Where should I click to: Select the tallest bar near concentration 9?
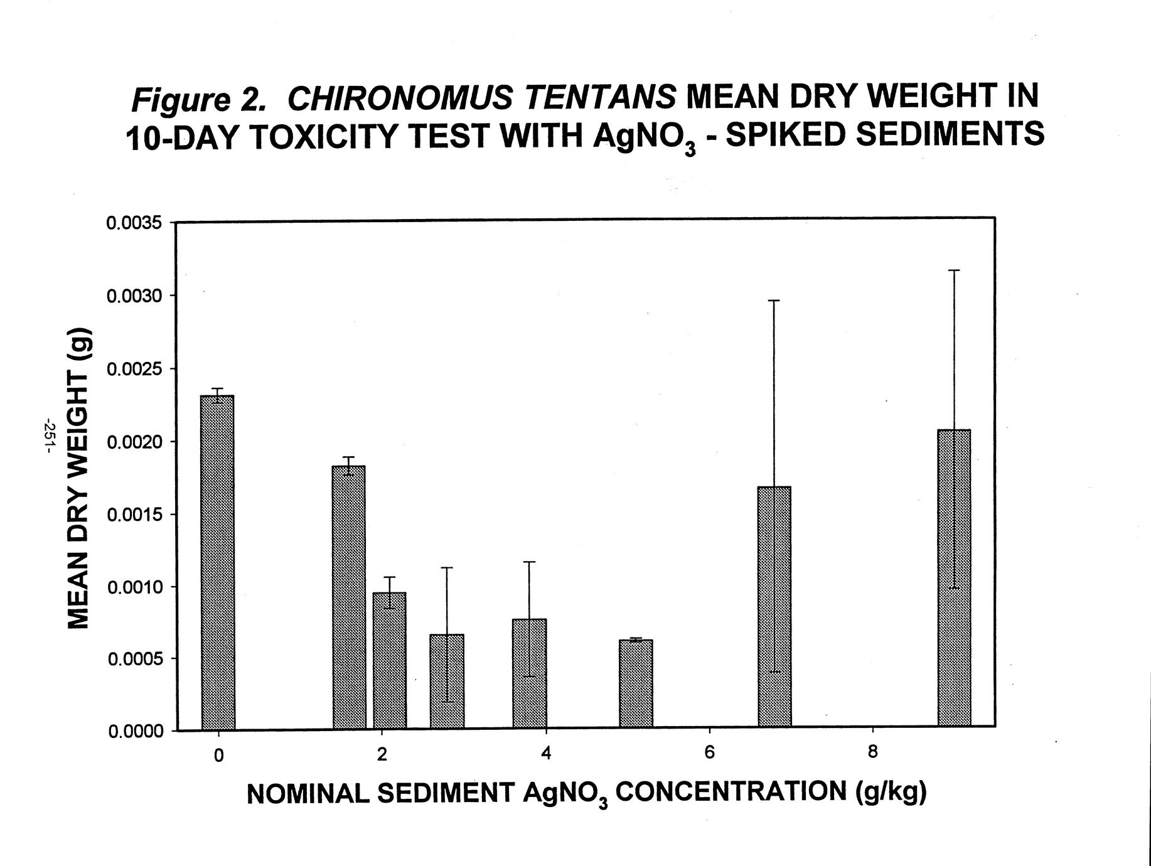click(x=953, y=578)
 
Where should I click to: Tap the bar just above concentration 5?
click(x=635, y=684)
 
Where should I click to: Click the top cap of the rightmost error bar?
click(x=954, y=270)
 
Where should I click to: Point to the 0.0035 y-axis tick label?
click(x=134, y=223)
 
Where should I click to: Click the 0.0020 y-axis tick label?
click(x=134, y=442)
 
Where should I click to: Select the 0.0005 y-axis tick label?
click(x=134, y=660)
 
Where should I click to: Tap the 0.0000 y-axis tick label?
click(x=134, y=732)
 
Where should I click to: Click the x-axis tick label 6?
click(x=709, y=752)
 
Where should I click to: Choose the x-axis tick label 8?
click(x=872, y=752)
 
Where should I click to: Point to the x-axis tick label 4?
click(x=546, y=753)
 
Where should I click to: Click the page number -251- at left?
click(x=48, y=435)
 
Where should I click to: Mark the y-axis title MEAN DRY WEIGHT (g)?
click(x=79, y=478)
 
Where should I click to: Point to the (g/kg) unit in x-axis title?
click(x=891, y=792)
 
